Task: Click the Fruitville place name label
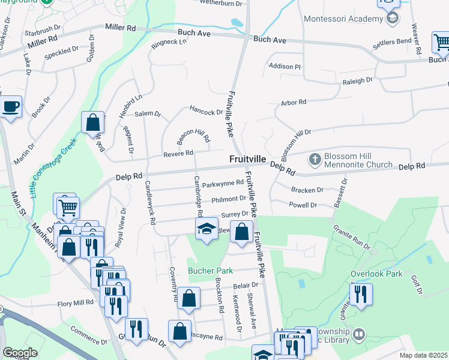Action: (x=247, y=159)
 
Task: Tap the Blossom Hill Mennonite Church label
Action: (x=358, y=160)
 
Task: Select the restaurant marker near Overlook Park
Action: (x=360, y=295)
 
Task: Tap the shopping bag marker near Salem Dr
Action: (x=92, y=123)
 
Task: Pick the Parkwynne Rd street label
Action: (x=223, y=184)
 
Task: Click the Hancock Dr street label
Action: (x=206, y=112)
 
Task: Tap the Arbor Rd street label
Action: (x=294, y=103)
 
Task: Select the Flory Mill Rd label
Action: (x=76, y=304)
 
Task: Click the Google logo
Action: (x=20, y=353)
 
